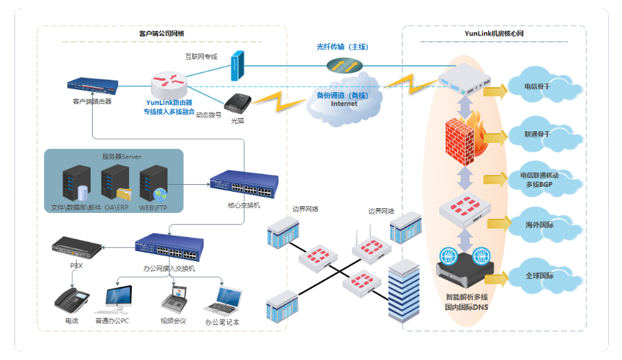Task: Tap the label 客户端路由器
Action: [x=92, y=101]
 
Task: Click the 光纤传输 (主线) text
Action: [x=343, y=47]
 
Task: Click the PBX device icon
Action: [x=76, y=245]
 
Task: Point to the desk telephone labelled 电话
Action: [x=72, y=300]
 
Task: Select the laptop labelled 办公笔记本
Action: [x=222, y=299]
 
